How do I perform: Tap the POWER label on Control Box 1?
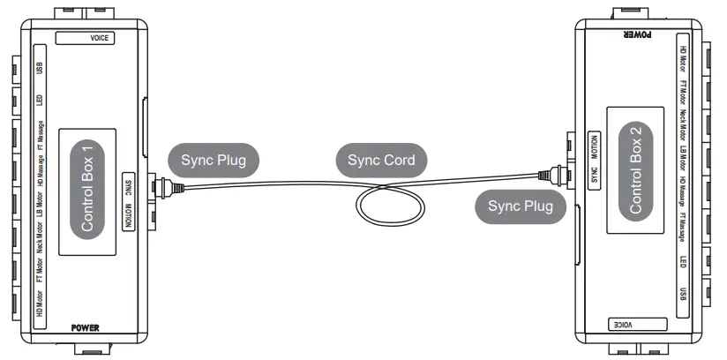point(85,327)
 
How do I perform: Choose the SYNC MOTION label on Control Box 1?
point(129,199)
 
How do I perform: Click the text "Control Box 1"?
point(86,193)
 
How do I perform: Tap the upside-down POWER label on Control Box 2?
point(637,35)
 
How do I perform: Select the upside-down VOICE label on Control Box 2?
point(628,325)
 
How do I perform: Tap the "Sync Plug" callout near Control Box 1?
point(214,161)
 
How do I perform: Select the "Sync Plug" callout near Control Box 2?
point(521,206)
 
